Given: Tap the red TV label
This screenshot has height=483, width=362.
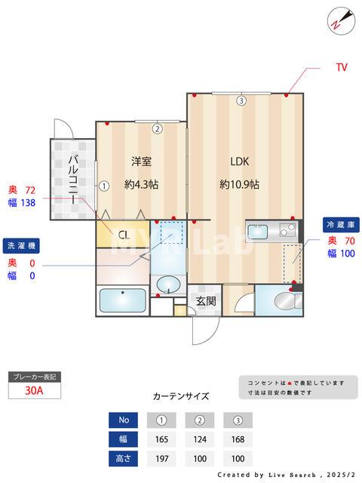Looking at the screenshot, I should click(341, 67).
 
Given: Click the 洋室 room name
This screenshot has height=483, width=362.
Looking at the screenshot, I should click(142, 161).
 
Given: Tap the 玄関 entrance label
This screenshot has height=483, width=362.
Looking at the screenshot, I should click(206, 300).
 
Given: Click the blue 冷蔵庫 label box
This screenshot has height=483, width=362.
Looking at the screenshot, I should click(340, 225).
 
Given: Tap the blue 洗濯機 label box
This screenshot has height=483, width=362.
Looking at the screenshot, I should click(22, 246).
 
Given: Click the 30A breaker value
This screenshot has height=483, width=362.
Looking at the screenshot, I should click(34, 390).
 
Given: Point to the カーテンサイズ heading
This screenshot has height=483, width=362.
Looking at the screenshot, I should click(181, 395).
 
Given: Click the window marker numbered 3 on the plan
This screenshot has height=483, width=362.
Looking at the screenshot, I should click(240, 101).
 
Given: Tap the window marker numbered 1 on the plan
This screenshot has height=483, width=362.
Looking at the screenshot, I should click(105, 184).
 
